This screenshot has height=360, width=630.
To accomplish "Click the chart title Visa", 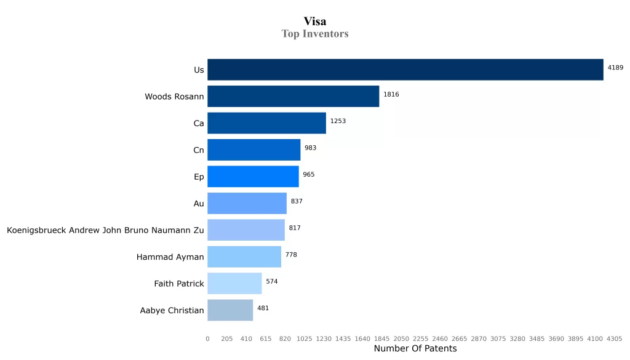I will click(x=315, y=22).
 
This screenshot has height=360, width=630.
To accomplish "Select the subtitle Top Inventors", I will click(x=315, y=34).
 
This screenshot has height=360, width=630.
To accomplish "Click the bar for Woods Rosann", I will click(x=293, y=97).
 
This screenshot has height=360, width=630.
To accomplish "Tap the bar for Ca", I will click(x=266, y=123).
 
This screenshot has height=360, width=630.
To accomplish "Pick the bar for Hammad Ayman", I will click(x=244, y=257).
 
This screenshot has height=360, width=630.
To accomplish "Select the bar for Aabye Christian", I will click(x=230, y=310).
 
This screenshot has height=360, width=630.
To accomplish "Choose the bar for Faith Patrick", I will click(x=234, y=284).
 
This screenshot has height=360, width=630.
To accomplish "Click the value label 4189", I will click(x=615, y=68).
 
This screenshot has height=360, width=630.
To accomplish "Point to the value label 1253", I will click(x=338, y=121).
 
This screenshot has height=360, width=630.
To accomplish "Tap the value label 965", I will click(x=308, y=175).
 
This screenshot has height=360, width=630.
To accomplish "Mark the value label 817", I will click(x=295, y=228).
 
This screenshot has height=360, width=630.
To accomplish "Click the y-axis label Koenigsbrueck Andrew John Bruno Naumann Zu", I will click(x=105, y=230).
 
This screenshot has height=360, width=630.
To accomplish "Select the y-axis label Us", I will click(x=199, y=70).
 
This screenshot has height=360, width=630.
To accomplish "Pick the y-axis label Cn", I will click(x=198, y=150).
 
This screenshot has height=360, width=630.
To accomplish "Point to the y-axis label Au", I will click(x=198, y=204).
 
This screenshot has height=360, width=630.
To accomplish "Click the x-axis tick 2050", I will click(x=401, y=338).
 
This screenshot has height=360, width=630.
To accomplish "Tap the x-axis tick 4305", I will click(x=614, y=338).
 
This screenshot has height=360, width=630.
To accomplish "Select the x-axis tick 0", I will click(x=207, y=338).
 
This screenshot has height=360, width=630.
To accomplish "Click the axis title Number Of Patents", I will click(x=415, y=349).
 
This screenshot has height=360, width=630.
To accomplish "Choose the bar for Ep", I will click(x=253, y=177).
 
